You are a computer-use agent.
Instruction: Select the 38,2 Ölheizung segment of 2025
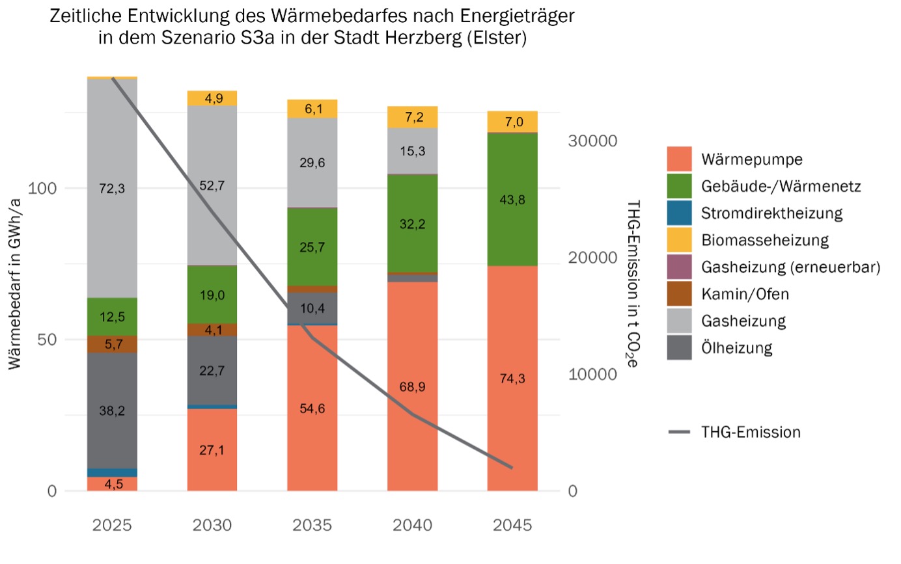(x=112, y=410)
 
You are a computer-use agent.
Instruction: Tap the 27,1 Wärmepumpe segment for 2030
(x=212, y=450)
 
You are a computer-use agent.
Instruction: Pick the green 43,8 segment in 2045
(x=512, y=199)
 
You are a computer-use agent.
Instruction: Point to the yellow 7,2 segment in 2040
(x=412, y=117)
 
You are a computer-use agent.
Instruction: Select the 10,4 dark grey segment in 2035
(x=312, y=309)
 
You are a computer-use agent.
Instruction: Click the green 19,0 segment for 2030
(x=212, y=295)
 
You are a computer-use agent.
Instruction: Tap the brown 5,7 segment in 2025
(x=112, y=344)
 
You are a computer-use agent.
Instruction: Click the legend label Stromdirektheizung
(x=772, y=213)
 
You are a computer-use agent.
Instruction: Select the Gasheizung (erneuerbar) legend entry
(x=790, y=267)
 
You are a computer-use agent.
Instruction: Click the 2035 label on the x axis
(x=312, y=525)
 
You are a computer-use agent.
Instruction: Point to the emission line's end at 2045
(x=512, y=468)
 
